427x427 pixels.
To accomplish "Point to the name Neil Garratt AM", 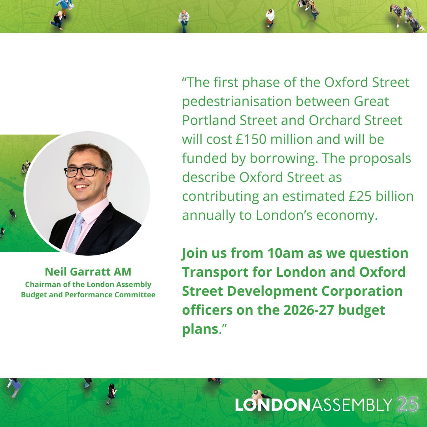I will pyautogui.click(x=88, y=272).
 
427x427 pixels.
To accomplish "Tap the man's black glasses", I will pyautogui.click(x=85, y=171).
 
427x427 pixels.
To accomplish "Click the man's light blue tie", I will pyautogui.click(x=76, y=233).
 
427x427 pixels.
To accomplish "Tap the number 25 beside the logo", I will pyautogui.click(x=408, y=404).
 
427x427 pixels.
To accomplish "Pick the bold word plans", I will pyautogui.click(x=200, y=329).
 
